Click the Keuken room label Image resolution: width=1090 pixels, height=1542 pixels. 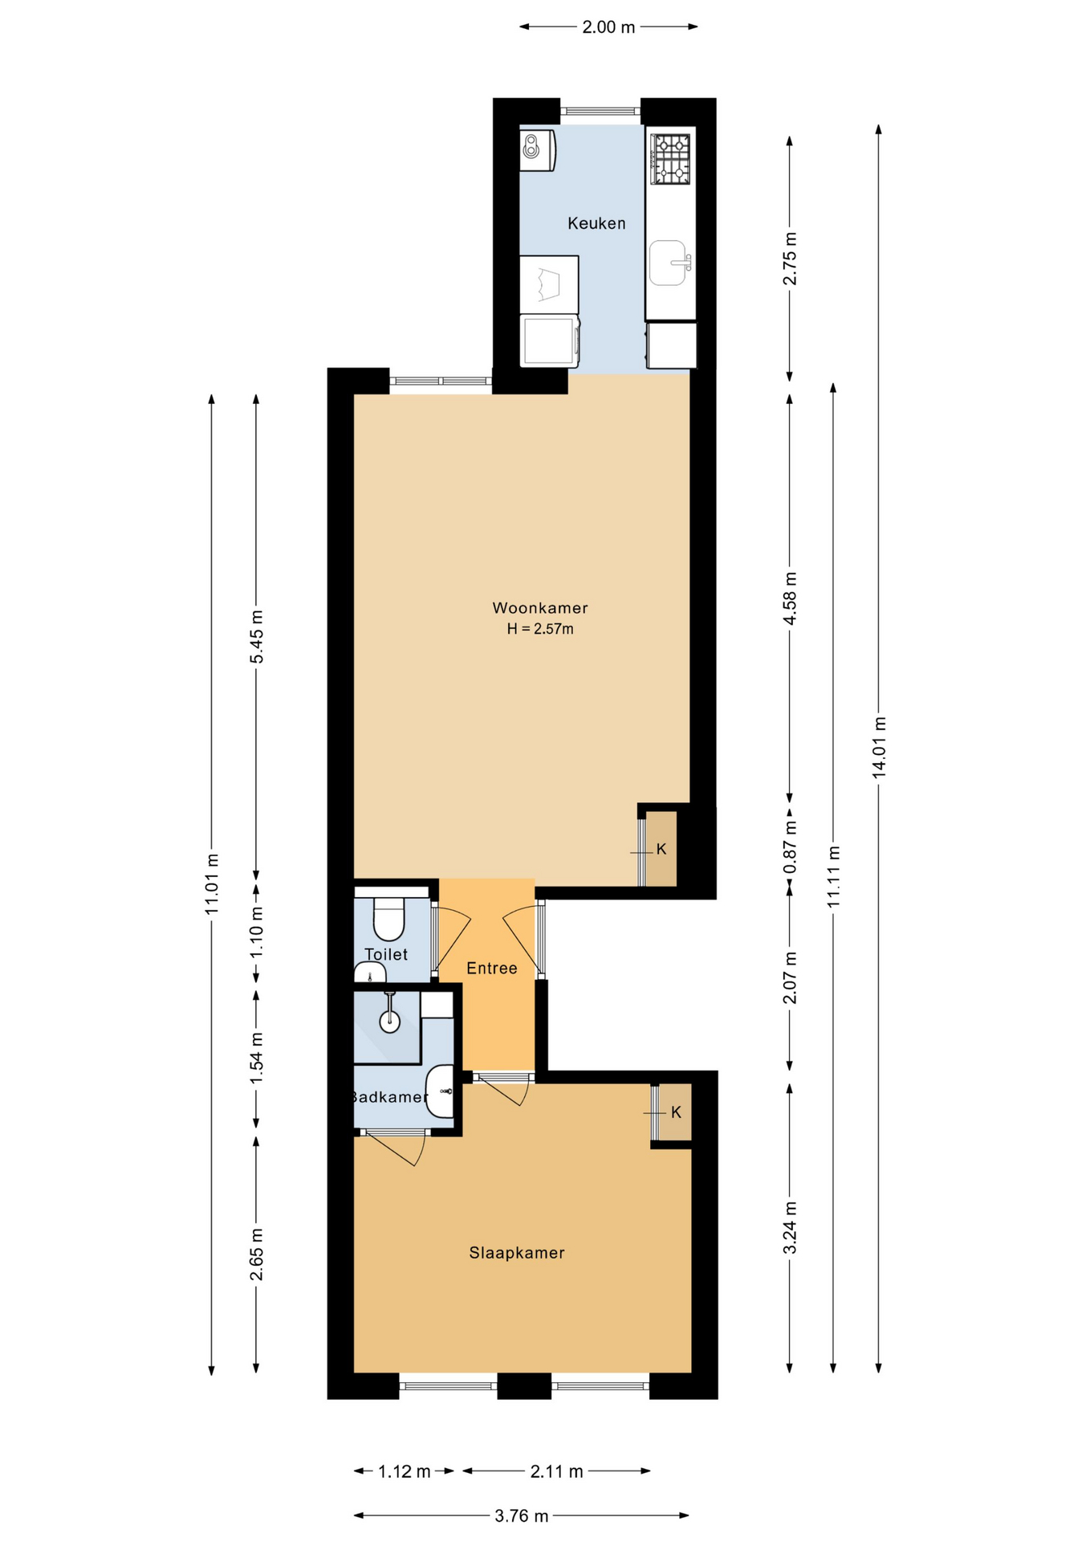[x=596, y=223]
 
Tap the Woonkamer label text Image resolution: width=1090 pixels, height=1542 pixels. [x=540, y=608]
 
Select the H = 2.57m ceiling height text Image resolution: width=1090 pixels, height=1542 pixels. [x=540, y=629]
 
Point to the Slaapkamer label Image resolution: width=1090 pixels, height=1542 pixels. [x=517, y=1253]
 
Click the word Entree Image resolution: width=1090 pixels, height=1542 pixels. [x=492, y=969]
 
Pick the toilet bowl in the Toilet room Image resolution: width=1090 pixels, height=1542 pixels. [x=389, y=919]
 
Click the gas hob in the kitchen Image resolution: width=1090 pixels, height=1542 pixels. [x=670, y=158]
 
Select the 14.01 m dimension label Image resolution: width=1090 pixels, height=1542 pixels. [x=879, y=746]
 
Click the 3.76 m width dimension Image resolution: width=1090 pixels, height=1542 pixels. [x=522, y=1515]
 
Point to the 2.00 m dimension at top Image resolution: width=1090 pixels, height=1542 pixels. [x=608, y=27]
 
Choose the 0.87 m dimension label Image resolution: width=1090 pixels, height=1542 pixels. [x=791, y=847]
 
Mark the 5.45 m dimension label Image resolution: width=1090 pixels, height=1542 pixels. [x=257, y=637]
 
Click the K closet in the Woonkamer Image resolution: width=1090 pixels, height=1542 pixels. [x=662, y=849]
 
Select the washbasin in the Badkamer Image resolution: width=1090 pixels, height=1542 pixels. [x=440, y=1091]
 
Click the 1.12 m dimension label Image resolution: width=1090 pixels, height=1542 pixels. [x=405, y=1471]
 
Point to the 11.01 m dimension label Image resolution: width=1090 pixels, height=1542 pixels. [x=212, y=883]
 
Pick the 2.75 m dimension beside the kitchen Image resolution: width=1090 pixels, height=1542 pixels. [x=791, y=258]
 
